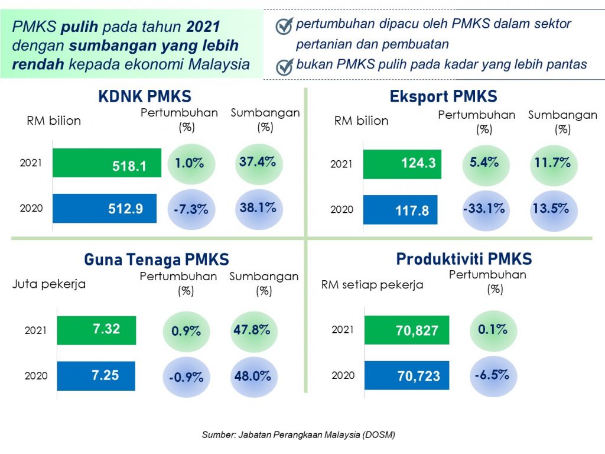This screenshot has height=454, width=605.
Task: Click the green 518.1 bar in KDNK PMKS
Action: (107, 163)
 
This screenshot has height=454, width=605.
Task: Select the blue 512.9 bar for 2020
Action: (105, 208)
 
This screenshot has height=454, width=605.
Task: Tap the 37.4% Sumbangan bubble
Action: (258, 163)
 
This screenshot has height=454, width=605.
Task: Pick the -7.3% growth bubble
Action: (191, 209)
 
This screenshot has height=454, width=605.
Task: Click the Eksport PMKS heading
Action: (443, 96)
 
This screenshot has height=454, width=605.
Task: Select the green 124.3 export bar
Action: (402, 164)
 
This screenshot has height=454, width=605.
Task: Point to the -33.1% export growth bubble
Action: (483, 209)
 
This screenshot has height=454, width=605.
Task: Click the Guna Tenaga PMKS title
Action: (156, 259)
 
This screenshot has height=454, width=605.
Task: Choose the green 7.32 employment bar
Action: (96, 330)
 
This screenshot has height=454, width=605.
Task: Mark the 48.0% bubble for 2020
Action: (253, 376)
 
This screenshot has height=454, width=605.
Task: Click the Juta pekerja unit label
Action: (49, 284)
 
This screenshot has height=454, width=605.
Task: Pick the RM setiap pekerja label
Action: (372, 284)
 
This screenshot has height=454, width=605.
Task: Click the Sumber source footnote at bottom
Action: (298, 434)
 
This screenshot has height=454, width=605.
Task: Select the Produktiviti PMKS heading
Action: (464, 259)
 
